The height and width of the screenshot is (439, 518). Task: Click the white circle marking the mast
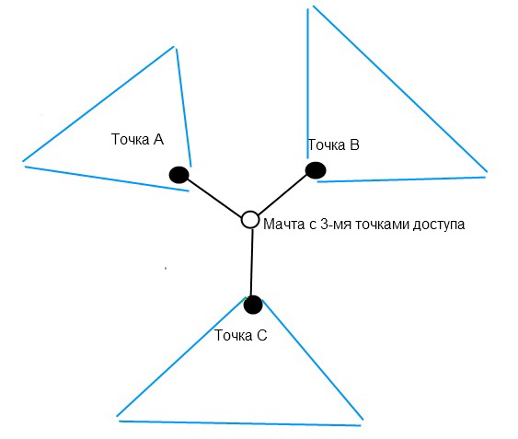tap(250, 220)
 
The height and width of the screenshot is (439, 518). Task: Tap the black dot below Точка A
tap(178, 175)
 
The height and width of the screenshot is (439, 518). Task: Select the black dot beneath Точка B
tap(316, 170)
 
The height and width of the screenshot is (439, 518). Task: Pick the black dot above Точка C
tap(253, 305)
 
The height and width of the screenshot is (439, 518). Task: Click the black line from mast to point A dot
tap(214, 197)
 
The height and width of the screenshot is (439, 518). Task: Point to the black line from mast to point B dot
tap(282, 194)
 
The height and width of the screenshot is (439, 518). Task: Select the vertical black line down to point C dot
tap(252, 262)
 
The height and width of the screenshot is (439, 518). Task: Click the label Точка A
tap(137, 139)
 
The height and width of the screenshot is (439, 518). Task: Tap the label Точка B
tap(333, 144)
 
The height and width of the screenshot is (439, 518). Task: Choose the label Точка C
tap(240, 335)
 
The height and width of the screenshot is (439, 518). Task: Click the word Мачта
tap(283, 225)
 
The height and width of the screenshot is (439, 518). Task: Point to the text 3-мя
tap(336, 225)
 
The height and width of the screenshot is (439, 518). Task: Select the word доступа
tap(439, 225)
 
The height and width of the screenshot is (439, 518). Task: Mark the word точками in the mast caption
tap(382, 225)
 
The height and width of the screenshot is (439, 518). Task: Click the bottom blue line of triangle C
tap(239, 423)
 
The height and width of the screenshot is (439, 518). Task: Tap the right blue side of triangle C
tap(313, 360)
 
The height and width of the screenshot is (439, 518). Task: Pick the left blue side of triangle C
tap(181, 357)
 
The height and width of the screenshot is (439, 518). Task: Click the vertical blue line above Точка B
tap(308, 84)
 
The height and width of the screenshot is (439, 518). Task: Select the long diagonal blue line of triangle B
tap(400, 89)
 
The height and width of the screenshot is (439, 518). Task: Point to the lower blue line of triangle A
tap(107, 179)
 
